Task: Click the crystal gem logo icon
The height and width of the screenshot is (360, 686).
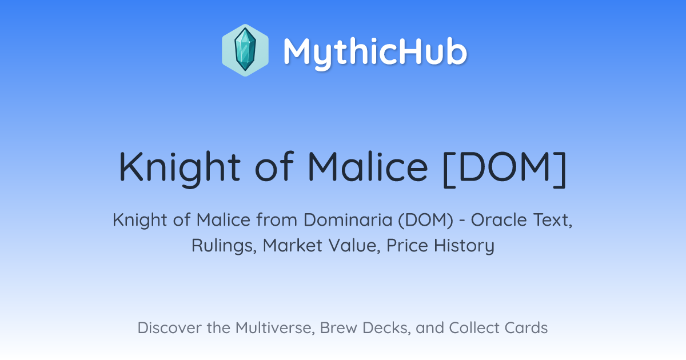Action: point(245,50)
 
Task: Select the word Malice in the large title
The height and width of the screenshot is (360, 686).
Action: point(368,167)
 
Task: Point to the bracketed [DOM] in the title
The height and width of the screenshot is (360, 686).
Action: point(505,169)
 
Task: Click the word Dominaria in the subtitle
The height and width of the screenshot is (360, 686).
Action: point(348,220)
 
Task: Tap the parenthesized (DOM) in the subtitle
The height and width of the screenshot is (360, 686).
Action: point(426,221)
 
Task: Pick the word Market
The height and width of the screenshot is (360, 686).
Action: point(293,246)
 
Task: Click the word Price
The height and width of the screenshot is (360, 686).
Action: point(407,246)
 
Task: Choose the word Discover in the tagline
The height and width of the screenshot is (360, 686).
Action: point(169,327)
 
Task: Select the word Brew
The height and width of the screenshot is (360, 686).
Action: point(338,328)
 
